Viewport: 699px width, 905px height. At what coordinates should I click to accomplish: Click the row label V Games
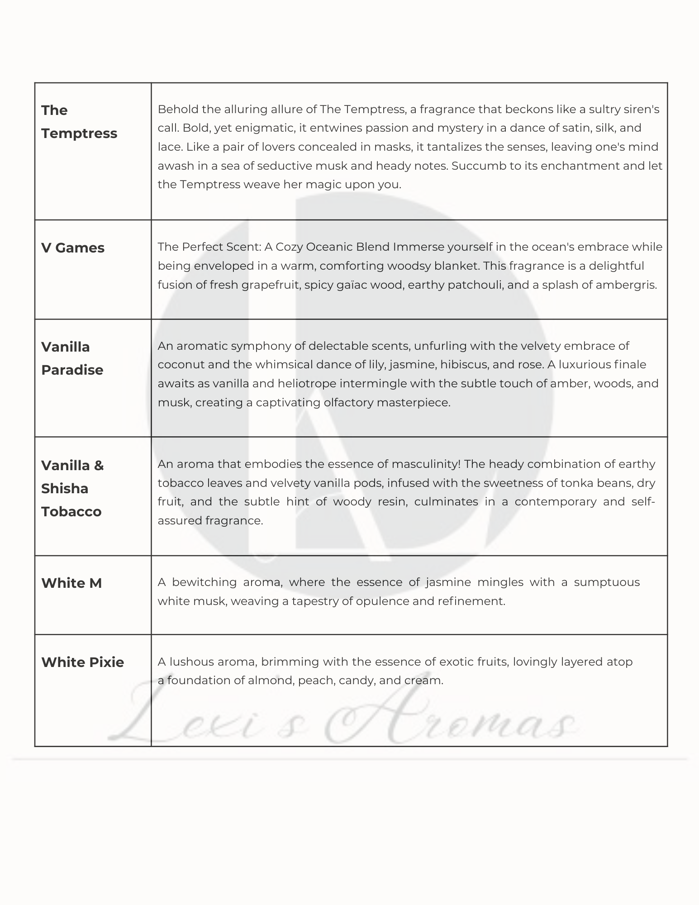pyautogui.click(x=72, y=248)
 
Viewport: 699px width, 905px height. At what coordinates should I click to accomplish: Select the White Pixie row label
pyautogui.click(x=82, y=662)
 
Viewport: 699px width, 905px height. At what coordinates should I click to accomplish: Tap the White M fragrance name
pyautogui.click(x=71, y=583)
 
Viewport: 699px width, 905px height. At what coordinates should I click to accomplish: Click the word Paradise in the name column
pyautogui.click(x=72, y=370)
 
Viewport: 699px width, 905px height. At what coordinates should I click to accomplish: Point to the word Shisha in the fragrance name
pyautogui.click(x=65, y=488)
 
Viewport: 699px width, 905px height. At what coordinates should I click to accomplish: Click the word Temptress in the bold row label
pyautogui.click(x=79, y=133)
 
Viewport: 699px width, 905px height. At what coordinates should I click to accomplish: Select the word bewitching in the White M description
pyautogui.click(x=204, y=582)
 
